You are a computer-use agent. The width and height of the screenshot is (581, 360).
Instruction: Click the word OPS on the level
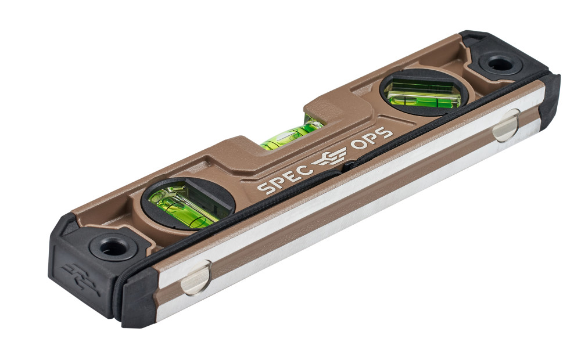click(372, 140)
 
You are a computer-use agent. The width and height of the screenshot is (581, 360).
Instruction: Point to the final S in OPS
click(386, 134)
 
